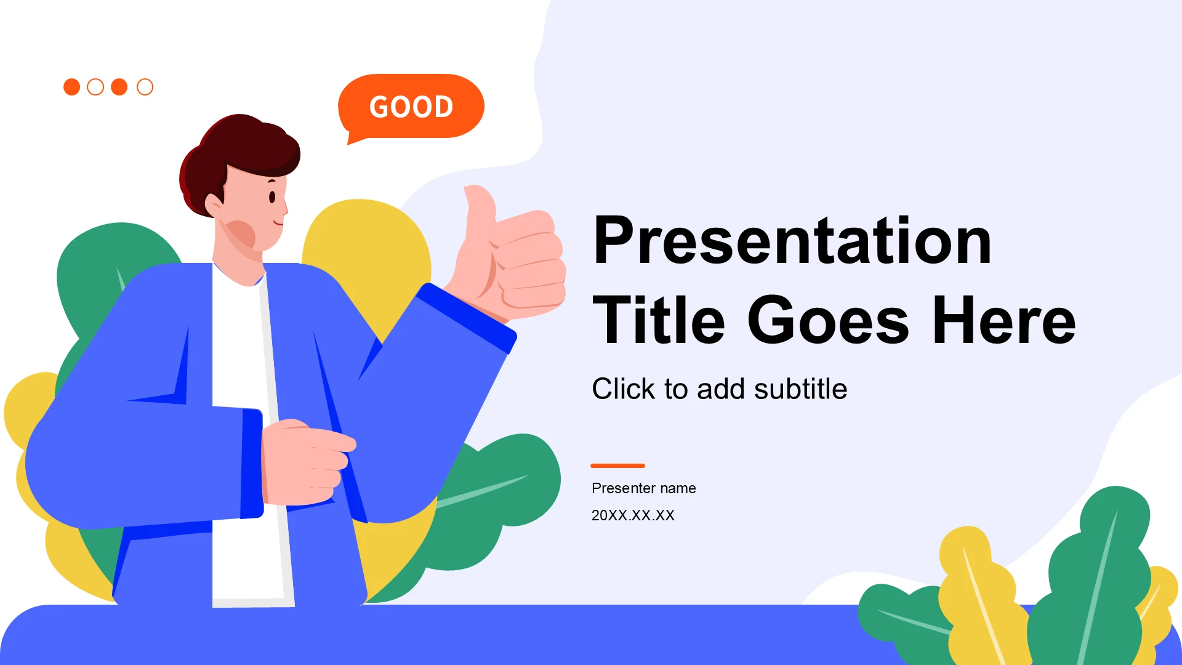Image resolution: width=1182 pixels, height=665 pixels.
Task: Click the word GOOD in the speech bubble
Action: tap(411, 107)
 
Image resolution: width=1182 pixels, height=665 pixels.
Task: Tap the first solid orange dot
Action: tap(72, 87)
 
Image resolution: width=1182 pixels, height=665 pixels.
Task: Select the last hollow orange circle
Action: tap(145, 87)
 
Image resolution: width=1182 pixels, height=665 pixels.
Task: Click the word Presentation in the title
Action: tap(792, 240)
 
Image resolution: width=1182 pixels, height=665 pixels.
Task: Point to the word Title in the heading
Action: tap(659, 320)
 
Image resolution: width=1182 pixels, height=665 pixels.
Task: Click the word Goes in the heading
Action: tap(828, 320)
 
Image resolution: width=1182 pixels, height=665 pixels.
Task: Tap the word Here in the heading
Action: tap(1004, 320)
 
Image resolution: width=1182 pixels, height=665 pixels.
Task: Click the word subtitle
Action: tap(800, 389)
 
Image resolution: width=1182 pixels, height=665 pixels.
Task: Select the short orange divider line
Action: tap(617, 465)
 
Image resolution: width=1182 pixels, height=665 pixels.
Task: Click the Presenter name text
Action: tap(644, 488)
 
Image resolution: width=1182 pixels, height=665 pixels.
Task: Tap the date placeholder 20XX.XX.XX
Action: tap(633, 515)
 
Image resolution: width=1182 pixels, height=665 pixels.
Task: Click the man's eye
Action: tap(272, 197)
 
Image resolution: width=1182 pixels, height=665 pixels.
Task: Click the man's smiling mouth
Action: tap(279, 222)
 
